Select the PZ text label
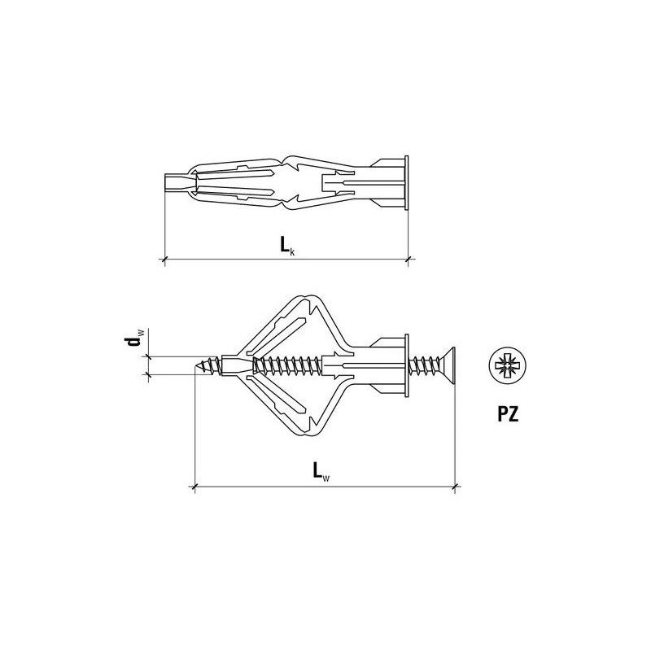pos(509,415)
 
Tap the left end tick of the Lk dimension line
pos(165,260)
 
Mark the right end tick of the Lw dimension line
pos(453,487)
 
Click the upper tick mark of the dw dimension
pos(147,356)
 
